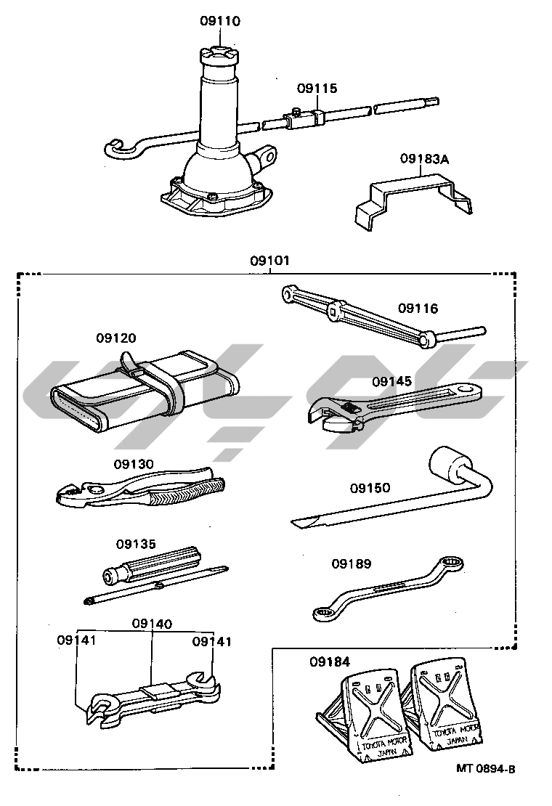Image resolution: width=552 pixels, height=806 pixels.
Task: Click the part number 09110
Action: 220,21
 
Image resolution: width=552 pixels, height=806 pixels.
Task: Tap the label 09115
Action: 317,89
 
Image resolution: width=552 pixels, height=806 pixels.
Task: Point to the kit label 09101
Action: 269,260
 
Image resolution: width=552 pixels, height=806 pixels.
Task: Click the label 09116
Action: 418,309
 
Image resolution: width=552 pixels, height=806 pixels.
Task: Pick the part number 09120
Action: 116,338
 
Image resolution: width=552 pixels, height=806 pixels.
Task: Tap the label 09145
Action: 392,381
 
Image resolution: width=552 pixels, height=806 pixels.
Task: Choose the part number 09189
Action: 352,563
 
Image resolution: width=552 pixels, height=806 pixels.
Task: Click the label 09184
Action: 329,662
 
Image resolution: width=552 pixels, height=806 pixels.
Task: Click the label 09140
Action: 152,623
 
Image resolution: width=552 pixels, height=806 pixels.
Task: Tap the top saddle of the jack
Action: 220,55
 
